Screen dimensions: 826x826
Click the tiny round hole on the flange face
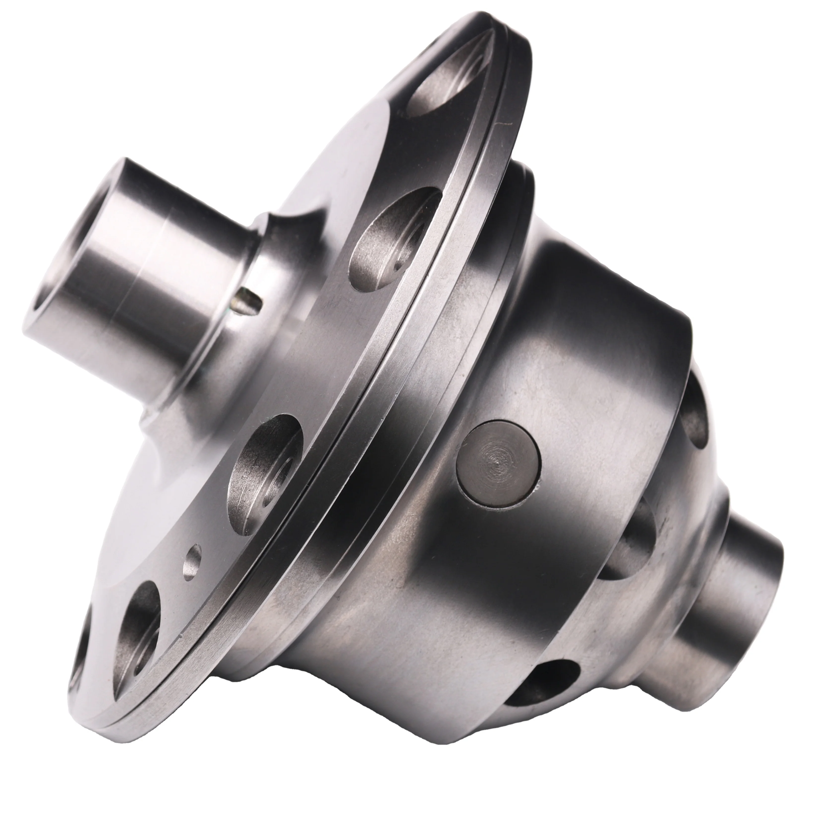[192, 560]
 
